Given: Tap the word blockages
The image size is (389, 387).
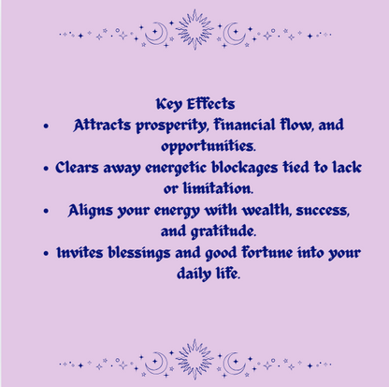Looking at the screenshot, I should pos(238,168).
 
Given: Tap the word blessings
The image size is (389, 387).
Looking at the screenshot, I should pos(151,252).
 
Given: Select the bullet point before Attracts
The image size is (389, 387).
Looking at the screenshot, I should pos(45,126).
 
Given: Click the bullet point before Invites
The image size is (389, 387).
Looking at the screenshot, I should pos(46,253).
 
